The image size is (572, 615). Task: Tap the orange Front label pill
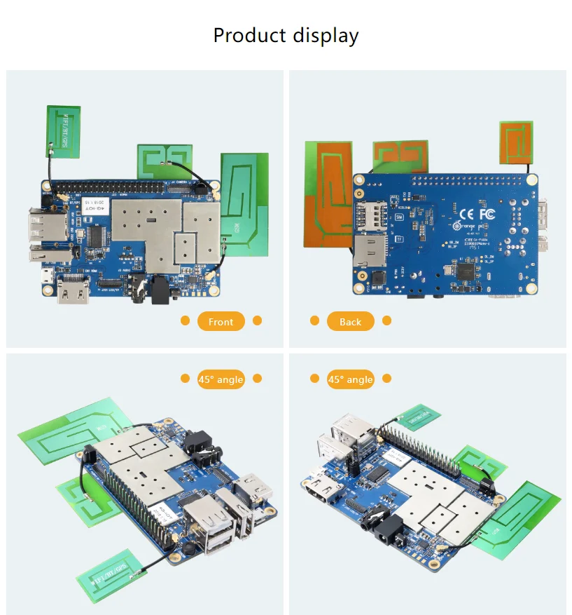click(221, 321)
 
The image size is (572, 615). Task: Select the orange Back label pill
click(350, 321)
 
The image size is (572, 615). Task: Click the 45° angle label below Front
click(221, 379)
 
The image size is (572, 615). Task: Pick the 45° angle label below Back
click(350, 379)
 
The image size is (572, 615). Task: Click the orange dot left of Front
click(186, 320)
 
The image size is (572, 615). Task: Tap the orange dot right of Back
click(386, 320)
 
